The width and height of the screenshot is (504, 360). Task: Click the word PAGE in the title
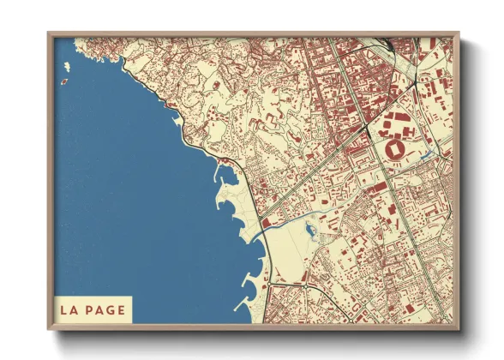point(104,309)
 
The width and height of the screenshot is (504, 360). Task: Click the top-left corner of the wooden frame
point(49,33)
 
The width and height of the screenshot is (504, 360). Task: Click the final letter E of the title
point(122,309)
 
